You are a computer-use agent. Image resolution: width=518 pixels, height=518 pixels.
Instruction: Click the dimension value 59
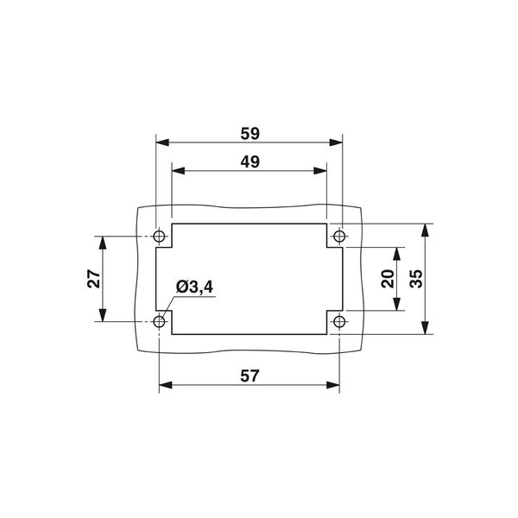coord(250,133)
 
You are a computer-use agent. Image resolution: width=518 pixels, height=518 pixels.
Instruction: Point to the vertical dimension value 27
coord(94,279)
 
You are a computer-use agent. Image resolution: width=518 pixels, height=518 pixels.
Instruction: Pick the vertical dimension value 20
coord(388,279)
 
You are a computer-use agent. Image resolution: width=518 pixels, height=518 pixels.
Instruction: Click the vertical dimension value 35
coord(415,279)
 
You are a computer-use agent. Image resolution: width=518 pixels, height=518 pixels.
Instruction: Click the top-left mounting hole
coord(160,236)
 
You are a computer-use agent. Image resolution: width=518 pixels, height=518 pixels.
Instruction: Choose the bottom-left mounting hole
coord(160,322)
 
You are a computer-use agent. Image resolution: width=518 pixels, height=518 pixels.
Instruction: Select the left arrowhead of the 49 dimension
coord(178,169)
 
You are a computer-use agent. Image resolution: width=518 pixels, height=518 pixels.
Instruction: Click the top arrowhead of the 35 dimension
coord(425,229)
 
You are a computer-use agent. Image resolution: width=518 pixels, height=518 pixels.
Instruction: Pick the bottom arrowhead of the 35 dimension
coord(425,329)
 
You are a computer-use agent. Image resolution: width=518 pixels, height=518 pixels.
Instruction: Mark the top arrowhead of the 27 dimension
coord(104,242)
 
